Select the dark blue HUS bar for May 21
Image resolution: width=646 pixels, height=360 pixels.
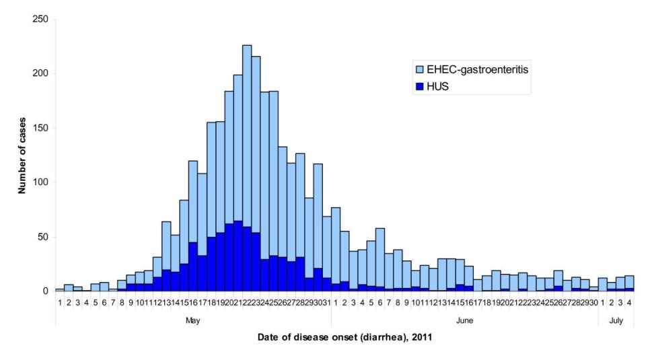(238, 256)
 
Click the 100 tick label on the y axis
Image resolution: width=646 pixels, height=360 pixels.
(40, 182)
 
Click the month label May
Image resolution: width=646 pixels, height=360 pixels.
(192, 321)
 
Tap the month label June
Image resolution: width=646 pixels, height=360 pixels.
(464, 321)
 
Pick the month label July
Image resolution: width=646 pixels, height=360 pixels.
(616, 321)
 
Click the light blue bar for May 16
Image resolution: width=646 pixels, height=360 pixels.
(193, 202)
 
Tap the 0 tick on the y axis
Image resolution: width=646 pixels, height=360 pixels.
(46, 291)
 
